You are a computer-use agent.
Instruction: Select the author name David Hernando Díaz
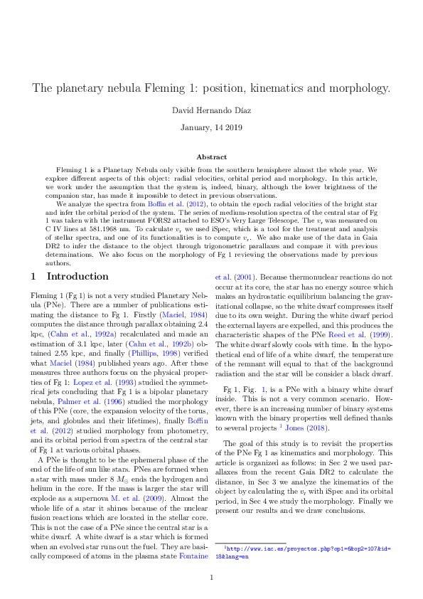[212, 111]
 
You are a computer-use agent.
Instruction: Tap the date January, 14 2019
[212, 127]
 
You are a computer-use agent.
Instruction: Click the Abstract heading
[212, 157]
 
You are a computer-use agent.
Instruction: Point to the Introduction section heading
[69, 276]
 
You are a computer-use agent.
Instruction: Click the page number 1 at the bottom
[212, 577]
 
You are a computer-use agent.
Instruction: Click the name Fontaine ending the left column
[193, 556]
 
